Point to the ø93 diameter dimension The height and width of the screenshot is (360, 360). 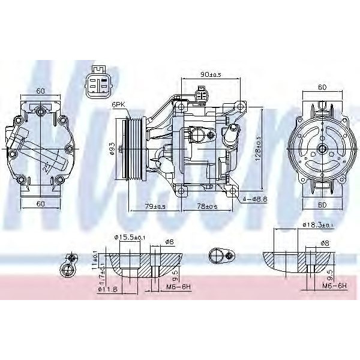point(111,148)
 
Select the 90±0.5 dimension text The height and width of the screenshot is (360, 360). point(211,75)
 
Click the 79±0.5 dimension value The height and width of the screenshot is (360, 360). point(155,206)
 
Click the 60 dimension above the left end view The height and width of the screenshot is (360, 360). point(41,91)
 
